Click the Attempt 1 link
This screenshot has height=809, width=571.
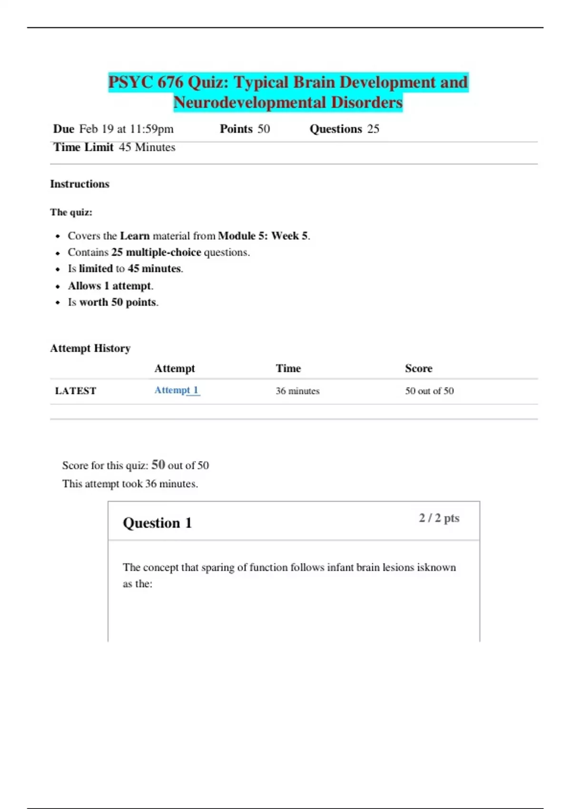tap(176, 390)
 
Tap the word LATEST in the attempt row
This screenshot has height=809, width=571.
tap(75, 391)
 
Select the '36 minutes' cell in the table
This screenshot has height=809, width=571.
tap(297, 391)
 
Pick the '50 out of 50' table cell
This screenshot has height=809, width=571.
tap(429, 391)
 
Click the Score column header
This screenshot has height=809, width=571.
tap(418, 368)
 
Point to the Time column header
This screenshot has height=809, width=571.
tap(288, 368)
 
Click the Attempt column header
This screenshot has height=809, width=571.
tap(174, 368)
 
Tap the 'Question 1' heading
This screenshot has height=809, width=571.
tap(157, 523)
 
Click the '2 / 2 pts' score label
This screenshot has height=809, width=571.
tap(439, 518)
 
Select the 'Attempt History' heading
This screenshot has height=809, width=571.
tap(90, 348)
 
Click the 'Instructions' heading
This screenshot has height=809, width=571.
tap(79, 184)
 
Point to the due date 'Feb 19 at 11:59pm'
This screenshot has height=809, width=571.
tap(126, 129)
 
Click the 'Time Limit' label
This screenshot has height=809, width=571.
tap(83, 148)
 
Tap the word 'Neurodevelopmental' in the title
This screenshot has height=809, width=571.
tap(250, 102)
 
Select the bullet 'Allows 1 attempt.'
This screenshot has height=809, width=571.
tap(110, 286)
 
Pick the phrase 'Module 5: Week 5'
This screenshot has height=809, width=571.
tap(263, 236)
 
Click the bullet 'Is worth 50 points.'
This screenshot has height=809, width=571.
tap(113, 302)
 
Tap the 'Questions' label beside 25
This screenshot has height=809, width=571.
tap(335, 129)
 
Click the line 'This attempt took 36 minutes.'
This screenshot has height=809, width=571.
tap(130, 483)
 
